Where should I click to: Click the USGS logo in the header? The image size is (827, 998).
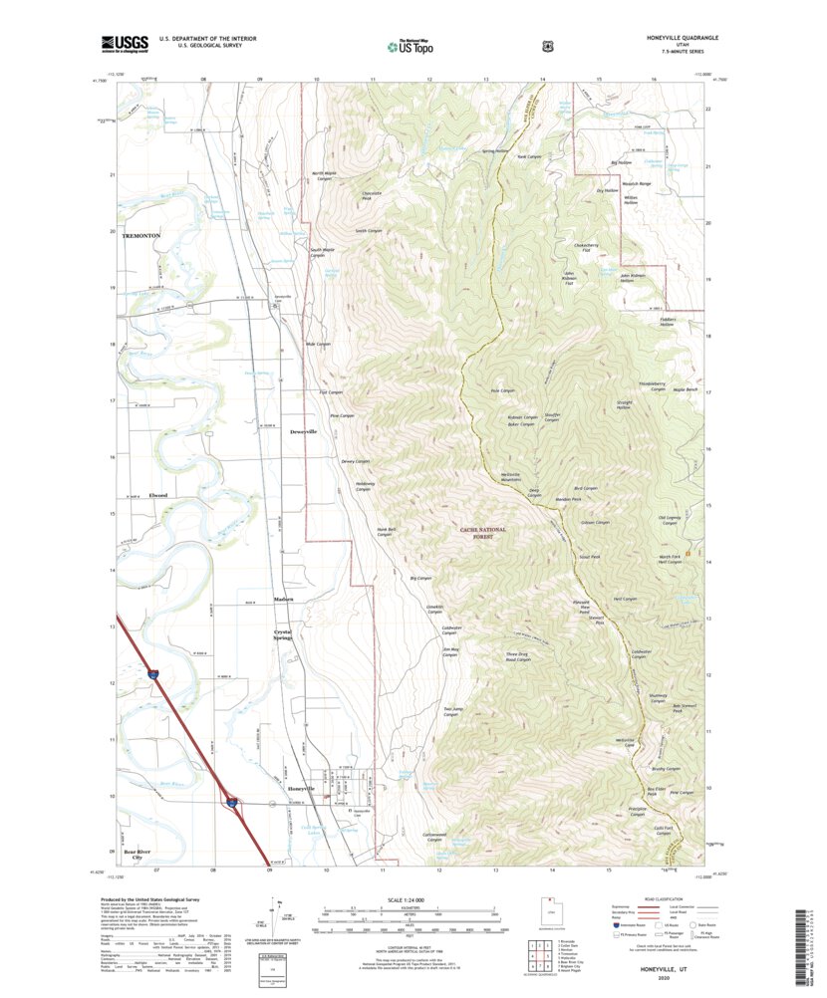pyautogui.click(x=124, y=43)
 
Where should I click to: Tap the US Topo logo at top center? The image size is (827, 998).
pyautogui.click(x=413, y=44)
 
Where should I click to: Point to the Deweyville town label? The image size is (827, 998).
pyautogui.click(x=303, y=432)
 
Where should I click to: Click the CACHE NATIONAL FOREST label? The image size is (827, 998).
pyautogui.click(x=484, y=533)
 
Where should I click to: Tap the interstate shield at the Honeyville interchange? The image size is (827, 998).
pyautogui.click(x=230, y=800)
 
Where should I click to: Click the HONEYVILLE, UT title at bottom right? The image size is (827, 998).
pyautogui.click(x=665, y=966)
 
